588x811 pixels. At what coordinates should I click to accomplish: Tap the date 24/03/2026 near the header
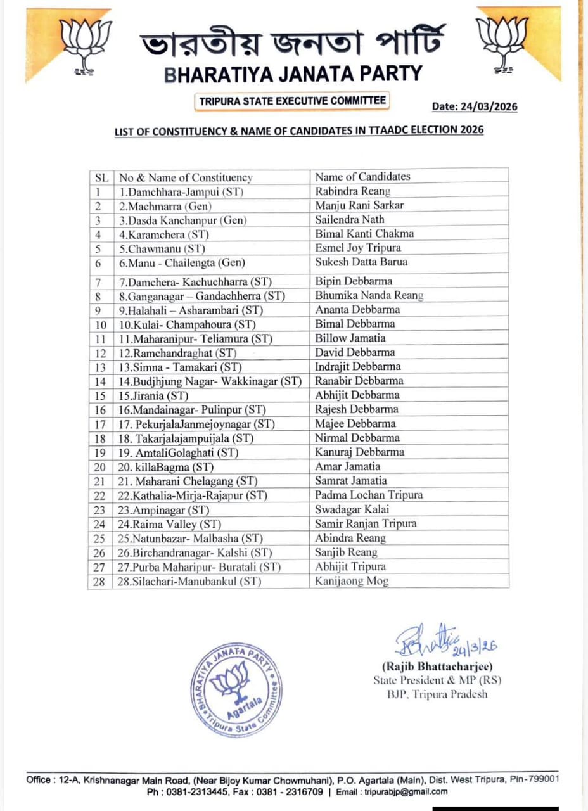[475, 106]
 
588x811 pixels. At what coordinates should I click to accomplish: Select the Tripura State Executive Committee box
[291, 101]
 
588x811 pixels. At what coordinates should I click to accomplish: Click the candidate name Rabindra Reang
[353, 191]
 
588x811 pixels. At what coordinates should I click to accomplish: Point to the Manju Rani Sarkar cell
[359, 205]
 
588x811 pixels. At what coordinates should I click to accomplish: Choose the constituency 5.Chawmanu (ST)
[162, 248]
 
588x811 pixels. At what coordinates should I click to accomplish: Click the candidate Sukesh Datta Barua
[361, 262]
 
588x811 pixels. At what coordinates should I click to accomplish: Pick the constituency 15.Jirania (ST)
[154, 395]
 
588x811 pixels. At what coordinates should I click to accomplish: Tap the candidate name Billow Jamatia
[350, 338]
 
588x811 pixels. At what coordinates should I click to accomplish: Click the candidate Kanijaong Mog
[352, 581]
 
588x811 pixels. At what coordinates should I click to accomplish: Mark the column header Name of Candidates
[362, 177]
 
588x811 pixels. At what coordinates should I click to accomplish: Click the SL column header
[101, 177]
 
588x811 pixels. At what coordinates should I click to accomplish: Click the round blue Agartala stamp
[236, 691]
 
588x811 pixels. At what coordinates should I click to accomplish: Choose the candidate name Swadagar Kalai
[352, 509]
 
